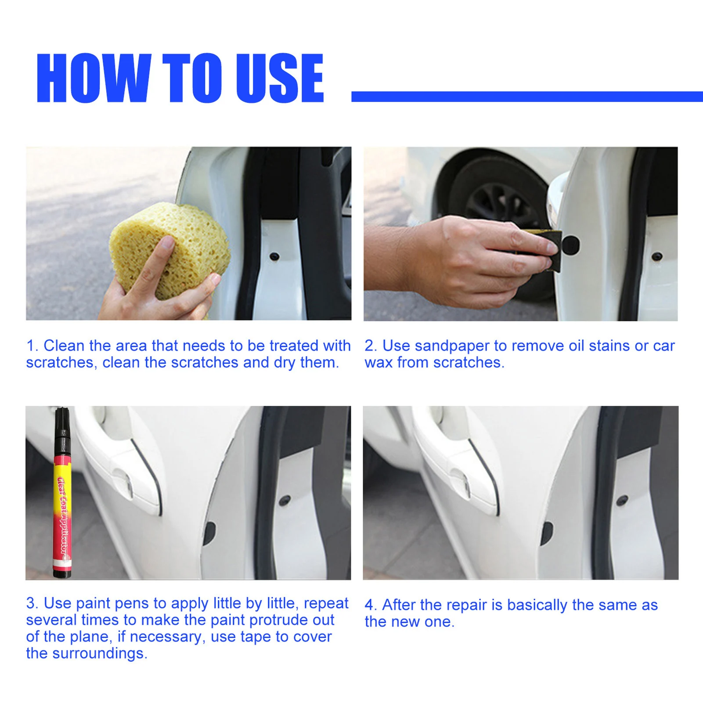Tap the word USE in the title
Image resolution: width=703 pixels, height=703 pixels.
pyautogui.click(x=280, y=78)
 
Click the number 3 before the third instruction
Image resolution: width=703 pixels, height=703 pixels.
pyautogui.click(x=30, y=603)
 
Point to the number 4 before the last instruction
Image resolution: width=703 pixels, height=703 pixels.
pyautogui.click(x=369, y=605)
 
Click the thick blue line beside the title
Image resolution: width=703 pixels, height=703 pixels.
pyautogui.click(x=527, y=97)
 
